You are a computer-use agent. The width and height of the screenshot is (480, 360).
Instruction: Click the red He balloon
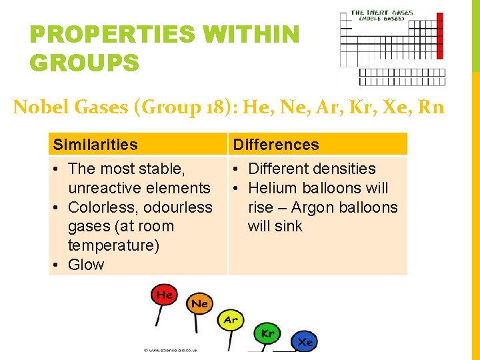(163, 294)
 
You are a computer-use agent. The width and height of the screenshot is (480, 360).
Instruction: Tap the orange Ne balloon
(199, 304)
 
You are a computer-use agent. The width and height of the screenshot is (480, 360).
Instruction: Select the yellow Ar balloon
(230, 320)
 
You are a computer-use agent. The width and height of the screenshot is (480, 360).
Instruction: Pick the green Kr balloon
(267, 333)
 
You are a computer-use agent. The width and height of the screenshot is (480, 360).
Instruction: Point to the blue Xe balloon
(305, 341)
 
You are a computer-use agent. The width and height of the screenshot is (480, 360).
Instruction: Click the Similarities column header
(95, 145)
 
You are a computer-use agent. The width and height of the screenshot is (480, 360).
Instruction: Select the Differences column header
(276, 145)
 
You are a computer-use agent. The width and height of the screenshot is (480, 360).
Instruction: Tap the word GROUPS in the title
(85, 63)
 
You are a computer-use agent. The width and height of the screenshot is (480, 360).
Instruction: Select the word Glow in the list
(86, 265)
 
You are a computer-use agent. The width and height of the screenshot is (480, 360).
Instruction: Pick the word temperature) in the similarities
(113, 245)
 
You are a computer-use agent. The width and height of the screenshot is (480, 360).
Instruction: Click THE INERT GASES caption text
(382, 12)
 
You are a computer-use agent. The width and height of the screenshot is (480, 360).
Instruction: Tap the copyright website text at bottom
(170, 349)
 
